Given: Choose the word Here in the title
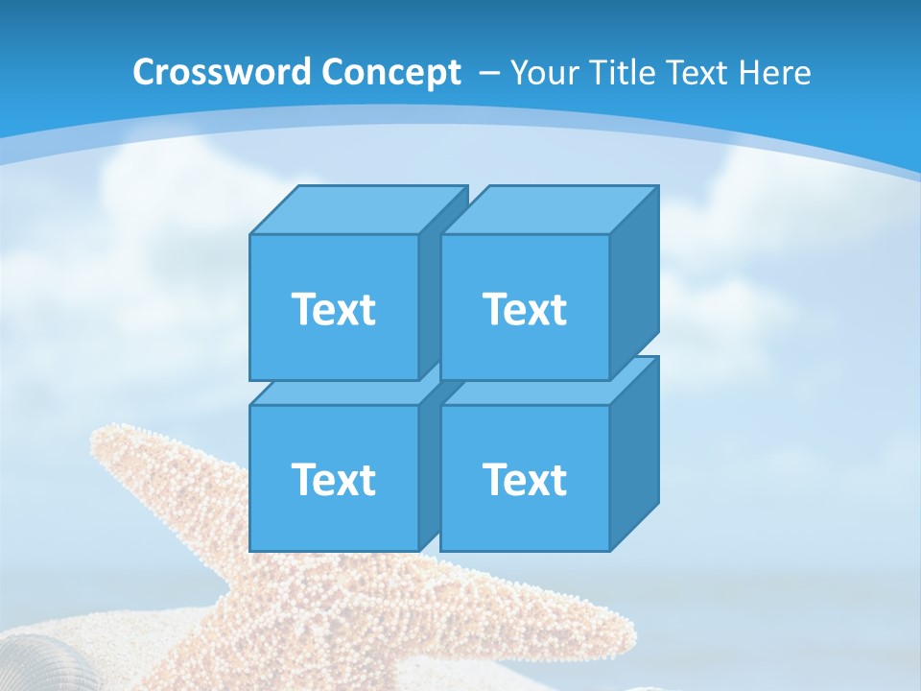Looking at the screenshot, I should point(777,73).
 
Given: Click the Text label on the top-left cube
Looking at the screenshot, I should point(333,309).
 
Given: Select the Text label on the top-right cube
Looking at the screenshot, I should point(525,309).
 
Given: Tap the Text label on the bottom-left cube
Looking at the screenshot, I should point(333,479).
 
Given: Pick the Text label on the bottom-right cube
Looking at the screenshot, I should point(525,479).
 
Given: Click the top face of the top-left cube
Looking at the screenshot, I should point(357,210).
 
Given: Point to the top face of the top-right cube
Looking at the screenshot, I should point(549,210).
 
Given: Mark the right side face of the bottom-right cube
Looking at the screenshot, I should point(634,453).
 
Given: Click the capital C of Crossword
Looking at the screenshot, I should point(143,73).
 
